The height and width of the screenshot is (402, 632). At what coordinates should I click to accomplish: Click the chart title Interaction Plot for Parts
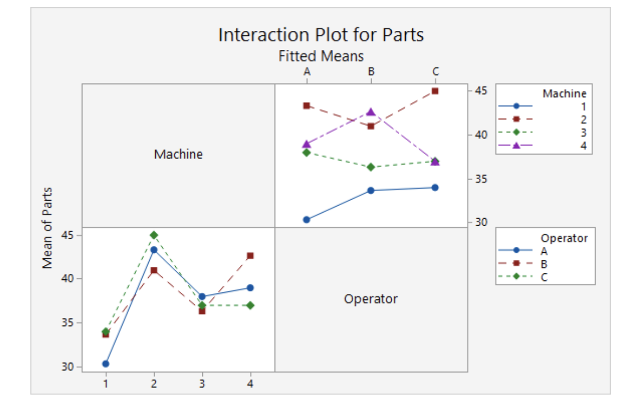click(x=321, y=35)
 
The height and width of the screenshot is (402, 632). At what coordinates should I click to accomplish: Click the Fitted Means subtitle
click(x=321, y=55)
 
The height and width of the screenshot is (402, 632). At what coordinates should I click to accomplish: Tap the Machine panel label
click(x=178, y=154)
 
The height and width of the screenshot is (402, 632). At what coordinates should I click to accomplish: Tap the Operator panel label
click(x=371, y=298)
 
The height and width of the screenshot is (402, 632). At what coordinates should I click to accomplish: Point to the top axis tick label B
click(x=371, y=71)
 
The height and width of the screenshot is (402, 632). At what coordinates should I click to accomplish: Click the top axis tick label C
click(x=435, y=71)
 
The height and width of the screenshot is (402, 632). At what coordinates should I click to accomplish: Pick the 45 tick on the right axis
click(x=481, y=90)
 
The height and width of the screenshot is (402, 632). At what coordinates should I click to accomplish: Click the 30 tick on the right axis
click(x=481, y=222)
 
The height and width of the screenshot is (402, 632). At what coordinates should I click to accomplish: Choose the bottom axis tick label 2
click(x=154, y=384)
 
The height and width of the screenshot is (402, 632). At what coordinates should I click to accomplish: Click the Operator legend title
click(x=564, y=238)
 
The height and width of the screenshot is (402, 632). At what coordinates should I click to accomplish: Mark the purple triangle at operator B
click(x=371, y=112)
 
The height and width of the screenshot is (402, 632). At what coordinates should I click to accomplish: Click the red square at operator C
click(x=435, y=91)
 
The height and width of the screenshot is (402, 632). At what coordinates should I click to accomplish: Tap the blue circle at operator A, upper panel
click(x=307, y=220)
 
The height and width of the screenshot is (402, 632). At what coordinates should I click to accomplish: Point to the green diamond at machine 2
click(x=154, y=235)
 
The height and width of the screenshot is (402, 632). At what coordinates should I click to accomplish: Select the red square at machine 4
click(x=250, y=256)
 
